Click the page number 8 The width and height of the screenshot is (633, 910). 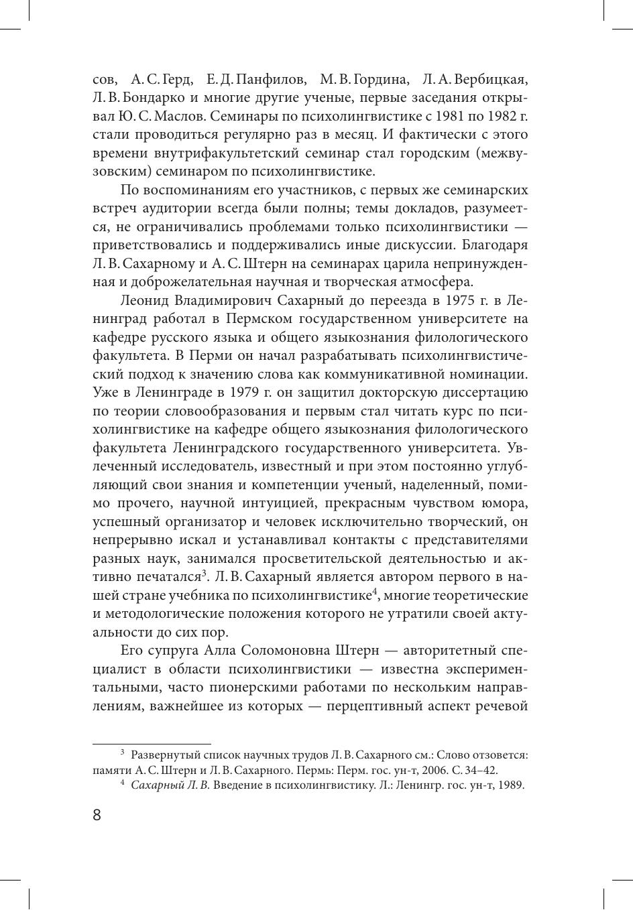pos(97,815)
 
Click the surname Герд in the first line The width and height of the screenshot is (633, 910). pos(176,79)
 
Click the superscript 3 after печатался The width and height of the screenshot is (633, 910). pos(203,571)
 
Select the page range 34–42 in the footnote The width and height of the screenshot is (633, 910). pos(481,771)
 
